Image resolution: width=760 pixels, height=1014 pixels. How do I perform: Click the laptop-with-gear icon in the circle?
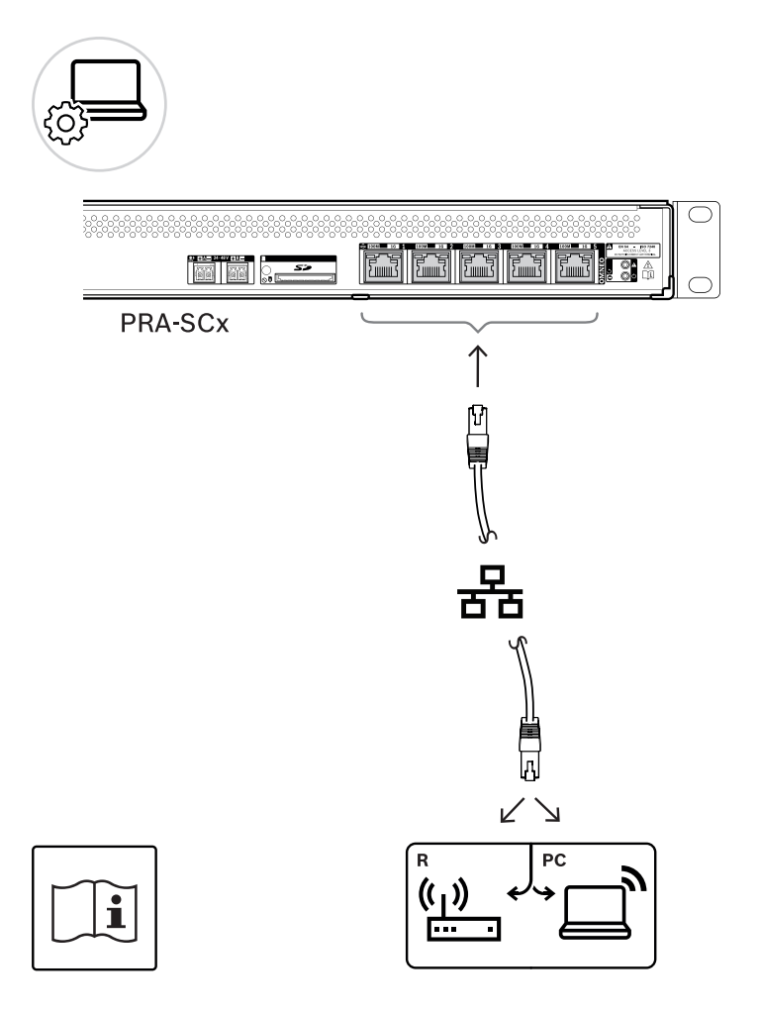[x=99, y=105]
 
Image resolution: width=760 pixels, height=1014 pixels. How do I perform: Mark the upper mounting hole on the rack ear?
[x=700, y=216]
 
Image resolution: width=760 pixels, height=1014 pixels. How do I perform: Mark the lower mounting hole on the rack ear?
[x=700, y=284]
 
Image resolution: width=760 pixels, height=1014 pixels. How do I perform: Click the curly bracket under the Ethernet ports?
[x=479, y=321]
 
